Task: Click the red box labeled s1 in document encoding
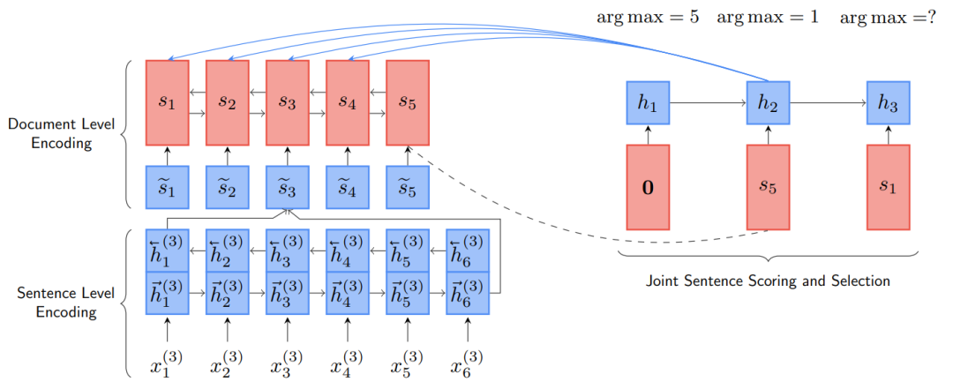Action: click(167, 101)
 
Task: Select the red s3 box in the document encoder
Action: click(287, 101)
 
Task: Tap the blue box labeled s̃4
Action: click(347, 187)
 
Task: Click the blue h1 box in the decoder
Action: click(648, 102)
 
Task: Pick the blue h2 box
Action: click(768, 102)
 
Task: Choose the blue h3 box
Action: click(888, 102)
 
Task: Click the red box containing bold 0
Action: click(648, 188)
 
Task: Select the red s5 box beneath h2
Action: click(768, 188)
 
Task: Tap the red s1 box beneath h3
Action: click(888, 188)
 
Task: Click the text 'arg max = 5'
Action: click(648, 18)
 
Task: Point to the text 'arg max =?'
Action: click(888, 18)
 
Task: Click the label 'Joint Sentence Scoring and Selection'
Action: click(768, 281)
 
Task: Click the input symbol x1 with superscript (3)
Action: click(167, 363)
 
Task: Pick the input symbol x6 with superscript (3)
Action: click(467, 363)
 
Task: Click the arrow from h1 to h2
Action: click(708, 102)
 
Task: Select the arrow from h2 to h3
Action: click(828, 102)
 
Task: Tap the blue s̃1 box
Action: click(167, 187)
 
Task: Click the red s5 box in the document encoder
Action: click(407, 101)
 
